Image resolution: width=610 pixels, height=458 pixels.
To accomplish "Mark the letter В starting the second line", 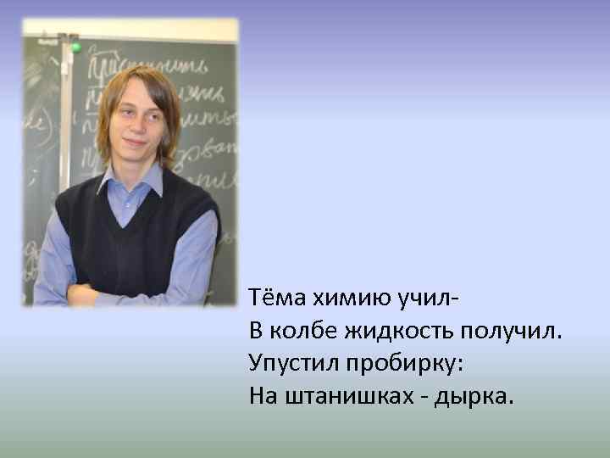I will [256, 330].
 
